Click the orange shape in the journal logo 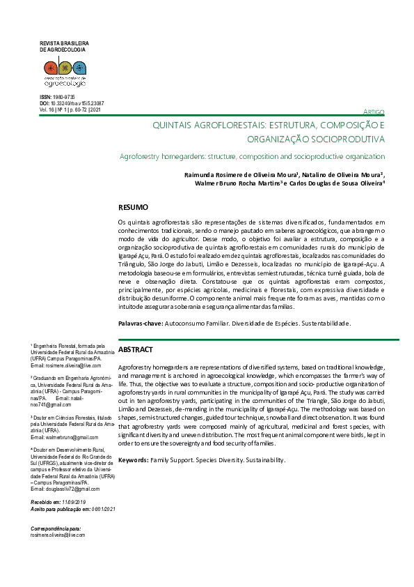50,68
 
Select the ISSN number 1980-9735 63,96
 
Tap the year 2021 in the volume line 95,109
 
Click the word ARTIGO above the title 374,113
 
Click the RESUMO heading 133,208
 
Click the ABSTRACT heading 136,349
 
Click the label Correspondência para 56,528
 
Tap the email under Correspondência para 58,535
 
